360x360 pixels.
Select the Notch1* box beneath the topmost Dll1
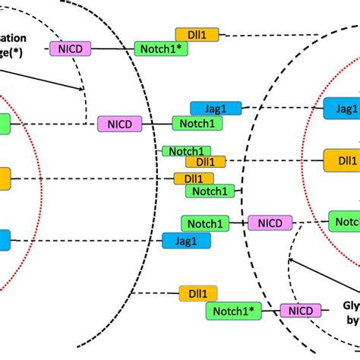pos(161,49)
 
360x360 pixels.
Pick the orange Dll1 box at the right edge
pos(341,160)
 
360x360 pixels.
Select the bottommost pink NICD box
pos(300,310)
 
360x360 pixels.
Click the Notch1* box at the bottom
pos(232,310)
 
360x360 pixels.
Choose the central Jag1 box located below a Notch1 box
pos(182,240)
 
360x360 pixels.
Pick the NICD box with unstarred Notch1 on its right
pos(118,123)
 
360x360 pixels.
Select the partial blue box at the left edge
pos(5,240)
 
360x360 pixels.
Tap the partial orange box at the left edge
pos(5,178)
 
